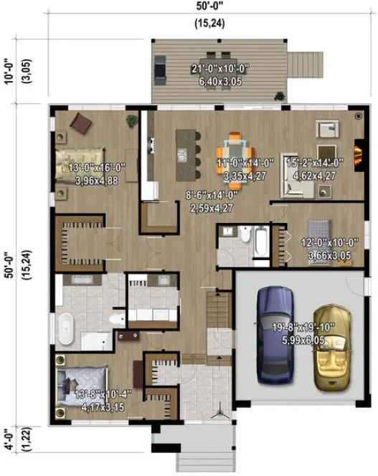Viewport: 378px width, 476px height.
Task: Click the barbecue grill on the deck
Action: coord(160,70)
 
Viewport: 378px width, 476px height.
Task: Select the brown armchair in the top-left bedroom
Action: coord(81,123)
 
